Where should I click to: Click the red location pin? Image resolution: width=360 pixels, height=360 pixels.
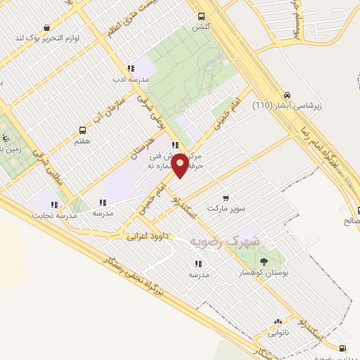181,165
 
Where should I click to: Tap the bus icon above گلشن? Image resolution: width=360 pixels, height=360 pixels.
202,16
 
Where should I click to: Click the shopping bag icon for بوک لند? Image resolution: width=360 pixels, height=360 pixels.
46,27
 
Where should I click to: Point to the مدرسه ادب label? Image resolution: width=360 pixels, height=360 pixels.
127,79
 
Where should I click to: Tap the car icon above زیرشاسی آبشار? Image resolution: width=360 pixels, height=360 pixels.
287,96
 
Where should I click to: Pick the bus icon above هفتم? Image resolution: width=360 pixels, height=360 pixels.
83,131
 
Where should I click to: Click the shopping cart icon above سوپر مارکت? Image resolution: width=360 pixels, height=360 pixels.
225,198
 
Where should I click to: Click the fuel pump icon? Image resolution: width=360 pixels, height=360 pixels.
342,348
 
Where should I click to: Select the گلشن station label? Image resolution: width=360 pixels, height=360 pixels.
202,27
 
